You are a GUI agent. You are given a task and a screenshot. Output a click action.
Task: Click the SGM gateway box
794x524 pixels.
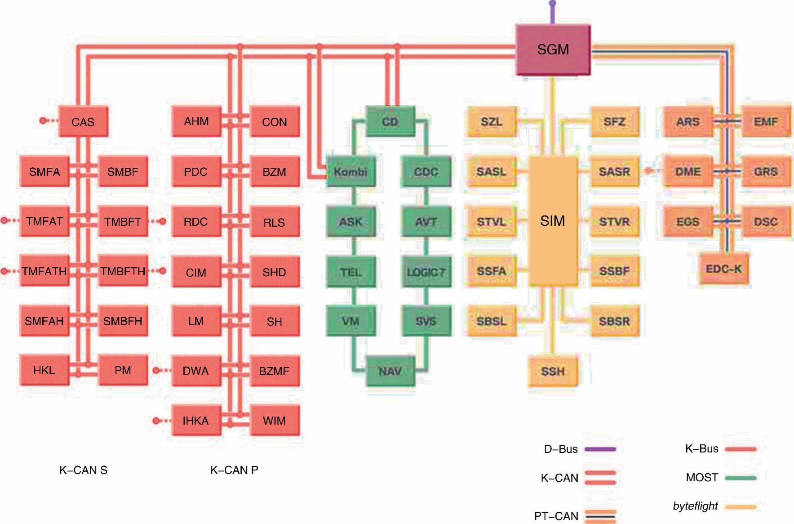(x=553, y=49)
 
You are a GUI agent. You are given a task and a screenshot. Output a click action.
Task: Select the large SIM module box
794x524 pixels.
(x=553, y=221)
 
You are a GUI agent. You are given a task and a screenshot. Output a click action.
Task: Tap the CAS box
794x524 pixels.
(x=83, y=121)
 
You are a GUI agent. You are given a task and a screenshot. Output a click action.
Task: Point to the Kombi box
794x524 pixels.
(x=350, y=171)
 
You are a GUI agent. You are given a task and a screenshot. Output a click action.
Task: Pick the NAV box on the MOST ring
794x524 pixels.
(x=390, y=371)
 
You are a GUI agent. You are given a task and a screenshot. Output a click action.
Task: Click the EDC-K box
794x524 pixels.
(x=723, y=269)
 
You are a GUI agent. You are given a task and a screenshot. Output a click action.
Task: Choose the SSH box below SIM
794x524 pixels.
(x=553, y=371)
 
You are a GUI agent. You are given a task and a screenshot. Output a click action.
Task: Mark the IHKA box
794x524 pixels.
(x=196, y=421)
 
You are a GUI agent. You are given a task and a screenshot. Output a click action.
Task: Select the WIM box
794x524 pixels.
(x=274, y=421)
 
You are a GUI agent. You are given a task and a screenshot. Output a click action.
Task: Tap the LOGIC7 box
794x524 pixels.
(x=426, y=272)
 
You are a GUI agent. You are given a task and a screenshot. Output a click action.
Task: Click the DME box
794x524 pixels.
(x=688, y=171)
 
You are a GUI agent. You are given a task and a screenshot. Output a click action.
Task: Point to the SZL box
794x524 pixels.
(x=491, y=121)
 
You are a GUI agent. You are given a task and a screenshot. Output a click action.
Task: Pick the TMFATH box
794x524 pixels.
(x=44, y=271)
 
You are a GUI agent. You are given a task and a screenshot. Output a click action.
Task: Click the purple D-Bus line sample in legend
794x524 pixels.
(x=600, y=449)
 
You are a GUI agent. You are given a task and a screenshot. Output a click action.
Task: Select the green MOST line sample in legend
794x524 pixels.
(x=740, y=478)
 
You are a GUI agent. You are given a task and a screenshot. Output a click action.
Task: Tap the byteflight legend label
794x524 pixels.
(x=695, y=506)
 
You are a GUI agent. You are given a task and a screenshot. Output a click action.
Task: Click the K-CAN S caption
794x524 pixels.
(x=83, y=470)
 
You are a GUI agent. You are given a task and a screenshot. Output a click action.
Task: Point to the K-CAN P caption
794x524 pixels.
(x=234, y=470)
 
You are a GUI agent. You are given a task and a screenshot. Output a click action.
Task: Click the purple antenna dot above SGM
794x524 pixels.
(x=553, y=4)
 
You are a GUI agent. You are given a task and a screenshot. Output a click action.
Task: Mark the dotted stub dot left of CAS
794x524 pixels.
(x=43, y=121)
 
